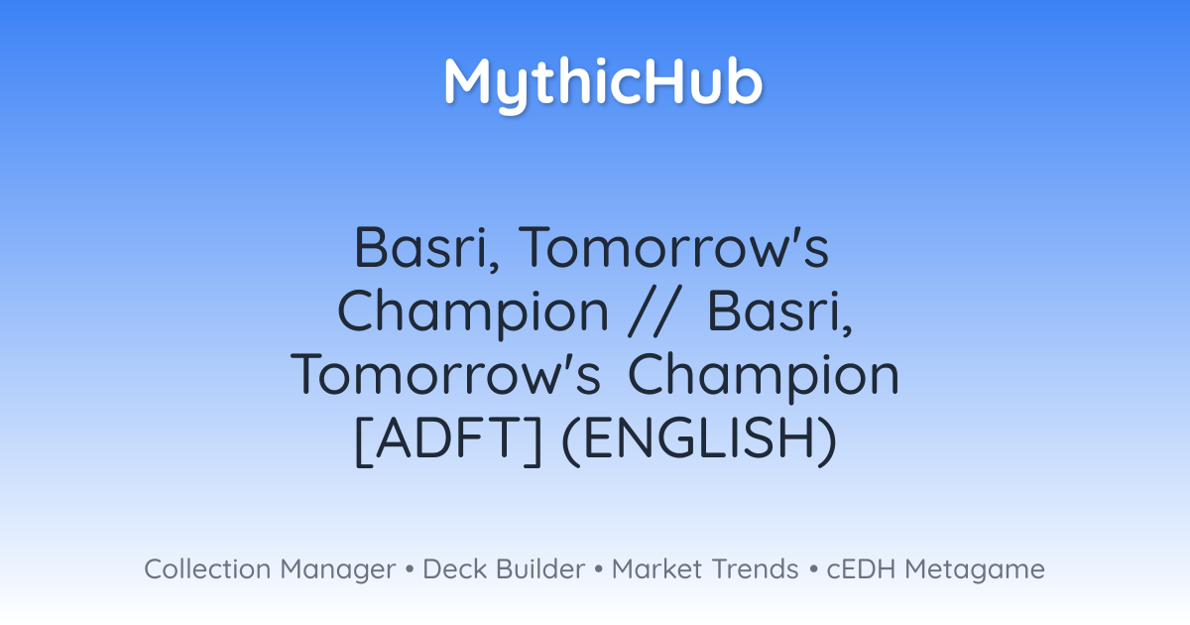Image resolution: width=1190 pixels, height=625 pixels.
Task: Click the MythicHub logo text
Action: click(604, 84)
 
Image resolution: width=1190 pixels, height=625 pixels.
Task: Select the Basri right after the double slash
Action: click(779, 312)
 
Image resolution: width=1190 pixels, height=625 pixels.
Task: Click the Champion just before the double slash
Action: click(473, 314)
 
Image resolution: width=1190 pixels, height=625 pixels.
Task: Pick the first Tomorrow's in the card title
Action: click(673, 248)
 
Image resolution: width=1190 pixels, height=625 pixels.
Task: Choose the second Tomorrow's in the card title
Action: click(445, 374)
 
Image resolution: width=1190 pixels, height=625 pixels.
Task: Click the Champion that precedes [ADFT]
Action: click(764, 378)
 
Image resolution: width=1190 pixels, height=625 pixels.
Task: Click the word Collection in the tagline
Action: click(207, 568)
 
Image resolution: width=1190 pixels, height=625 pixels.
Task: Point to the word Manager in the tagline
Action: click(338, 570)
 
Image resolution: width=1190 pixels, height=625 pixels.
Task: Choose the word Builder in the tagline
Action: click(540, 568)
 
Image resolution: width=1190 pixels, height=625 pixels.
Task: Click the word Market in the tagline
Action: click(656, 568)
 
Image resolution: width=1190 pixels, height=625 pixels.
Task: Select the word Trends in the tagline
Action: click(755, 568)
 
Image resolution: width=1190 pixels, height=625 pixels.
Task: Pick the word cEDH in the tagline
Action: click(861, 568)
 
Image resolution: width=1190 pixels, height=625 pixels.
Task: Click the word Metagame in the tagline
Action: click(975, 570)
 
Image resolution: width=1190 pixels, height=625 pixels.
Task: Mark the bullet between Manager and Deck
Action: click(409, 569)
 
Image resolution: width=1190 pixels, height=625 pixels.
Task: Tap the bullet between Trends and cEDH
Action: click(813, 569)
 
